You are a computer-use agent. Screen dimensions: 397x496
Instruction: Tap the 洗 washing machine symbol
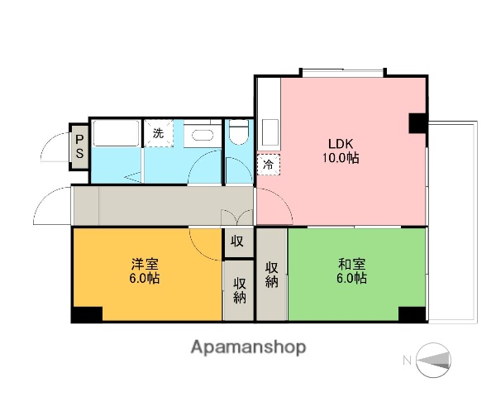(x=156, y=132)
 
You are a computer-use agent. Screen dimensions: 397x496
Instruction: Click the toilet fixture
(x=239, y=133)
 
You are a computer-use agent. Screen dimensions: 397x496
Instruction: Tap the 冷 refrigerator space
(x=268, y=164)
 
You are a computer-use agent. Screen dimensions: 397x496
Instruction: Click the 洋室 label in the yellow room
(x=145, y=264)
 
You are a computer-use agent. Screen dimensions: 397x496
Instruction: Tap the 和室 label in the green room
(x=352, y=264)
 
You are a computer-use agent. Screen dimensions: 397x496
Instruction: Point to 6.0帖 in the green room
(x=352, y=279)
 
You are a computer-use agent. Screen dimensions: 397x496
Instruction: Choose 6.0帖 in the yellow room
(x=145, y=279)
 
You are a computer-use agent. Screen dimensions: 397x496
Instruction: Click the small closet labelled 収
(x=237, y=242)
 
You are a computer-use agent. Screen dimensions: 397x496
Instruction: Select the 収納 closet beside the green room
(x=270, y=275)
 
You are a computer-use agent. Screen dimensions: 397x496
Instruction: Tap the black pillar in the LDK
(x=418, y=123)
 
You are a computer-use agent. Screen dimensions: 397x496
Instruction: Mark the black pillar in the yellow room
(x=86, y=313)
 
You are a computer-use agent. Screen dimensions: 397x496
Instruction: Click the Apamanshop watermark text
(x=248, y=347)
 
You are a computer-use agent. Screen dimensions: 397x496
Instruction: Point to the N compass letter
(x=407, y=359)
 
